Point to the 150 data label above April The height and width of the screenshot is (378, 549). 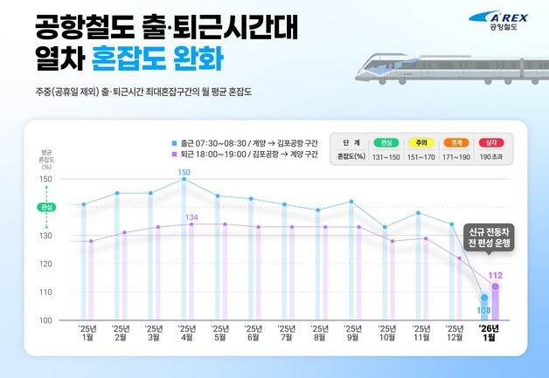[184, 173]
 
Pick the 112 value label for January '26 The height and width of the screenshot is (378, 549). [495, 276]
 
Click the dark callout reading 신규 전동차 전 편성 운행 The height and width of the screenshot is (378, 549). [489, 238]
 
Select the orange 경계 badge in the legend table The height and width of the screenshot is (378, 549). [457, 141]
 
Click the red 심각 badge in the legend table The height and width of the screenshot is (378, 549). [494, 141]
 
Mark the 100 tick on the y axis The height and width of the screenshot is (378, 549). [46, 320]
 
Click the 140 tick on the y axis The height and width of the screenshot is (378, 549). [46, 208]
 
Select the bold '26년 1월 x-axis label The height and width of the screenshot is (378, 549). [487, 333]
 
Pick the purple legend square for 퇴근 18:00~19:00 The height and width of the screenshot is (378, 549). [174, 152]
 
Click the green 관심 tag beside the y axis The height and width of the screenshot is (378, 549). [46, 208]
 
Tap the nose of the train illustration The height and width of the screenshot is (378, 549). [345, 65]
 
